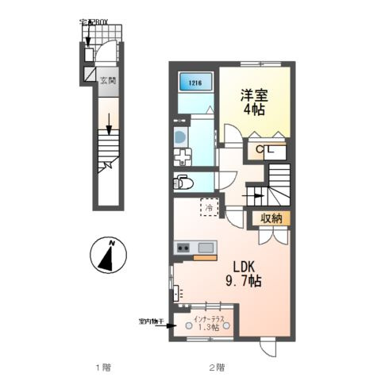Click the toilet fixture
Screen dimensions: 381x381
[182, 182]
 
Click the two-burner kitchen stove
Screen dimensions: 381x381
[183, 247]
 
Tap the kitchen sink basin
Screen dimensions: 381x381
[207, 247]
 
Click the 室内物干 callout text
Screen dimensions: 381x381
[150, 321]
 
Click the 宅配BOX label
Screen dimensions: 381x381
[96, 23]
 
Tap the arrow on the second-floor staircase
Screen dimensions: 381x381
[257, 192]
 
